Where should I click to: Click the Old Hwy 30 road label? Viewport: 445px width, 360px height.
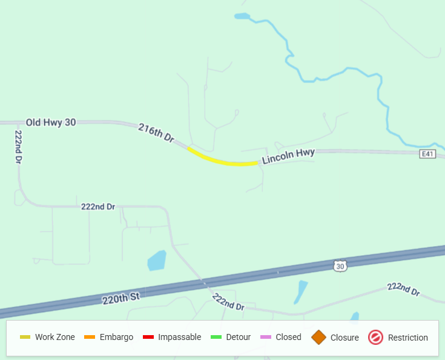51,122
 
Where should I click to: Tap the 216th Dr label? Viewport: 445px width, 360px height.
156,133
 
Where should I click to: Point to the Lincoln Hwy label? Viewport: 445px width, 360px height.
288,156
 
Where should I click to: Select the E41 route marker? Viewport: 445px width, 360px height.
428,155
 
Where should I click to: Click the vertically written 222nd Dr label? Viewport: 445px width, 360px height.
19,147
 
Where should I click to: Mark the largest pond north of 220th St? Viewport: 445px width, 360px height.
156,260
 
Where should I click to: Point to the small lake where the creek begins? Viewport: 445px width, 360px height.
242,16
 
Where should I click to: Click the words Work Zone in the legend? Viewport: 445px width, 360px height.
55,338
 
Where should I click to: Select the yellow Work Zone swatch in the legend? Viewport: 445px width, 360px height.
25,338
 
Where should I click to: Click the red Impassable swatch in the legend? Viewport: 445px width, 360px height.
148,338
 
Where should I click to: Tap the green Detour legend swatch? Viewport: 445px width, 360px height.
216,338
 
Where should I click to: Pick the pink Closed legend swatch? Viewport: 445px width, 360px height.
265,338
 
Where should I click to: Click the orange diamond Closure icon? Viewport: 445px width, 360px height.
319,338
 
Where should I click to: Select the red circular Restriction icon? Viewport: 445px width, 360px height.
375,338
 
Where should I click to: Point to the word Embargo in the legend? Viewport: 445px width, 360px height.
116,338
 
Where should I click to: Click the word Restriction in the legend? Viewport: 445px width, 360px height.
408,338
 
